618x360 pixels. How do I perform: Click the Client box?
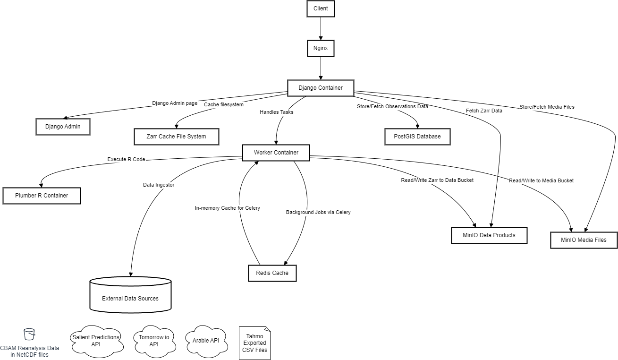(x=321, y=9)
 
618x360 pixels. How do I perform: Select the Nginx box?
(x=321, y=48)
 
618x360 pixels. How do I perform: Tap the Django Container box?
(x=321, y=88)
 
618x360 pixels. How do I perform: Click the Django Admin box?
(x=63, y=127)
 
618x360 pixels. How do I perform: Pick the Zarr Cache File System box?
(x=177, y=137)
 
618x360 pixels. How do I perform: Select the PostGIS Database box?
(x=417, y=137)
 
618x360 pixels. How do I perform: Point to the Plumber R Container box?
(x=42, y=196)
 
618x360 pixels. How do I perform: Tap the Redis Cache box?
(x=272, y=273)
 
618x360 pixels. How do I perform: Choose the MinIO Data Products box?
(x=489, y=235)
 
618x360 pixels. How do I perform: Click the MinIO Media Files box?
(x=584, y=240)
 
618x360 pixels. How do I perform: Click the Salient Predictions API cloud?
(x=96, y=341)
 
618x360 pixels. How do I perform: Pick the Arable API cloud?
(x=206, y=340)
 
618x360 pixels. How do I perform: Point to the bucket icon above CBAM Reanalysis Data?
(x=29, y=334)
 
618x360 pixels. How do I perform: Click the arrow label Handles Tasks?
(x=276, y=112)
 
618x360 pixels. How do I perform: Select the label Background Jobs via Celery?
(x=318, y=213)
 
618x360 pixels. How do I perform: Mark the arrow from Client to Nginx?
(x=321, y=28)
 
